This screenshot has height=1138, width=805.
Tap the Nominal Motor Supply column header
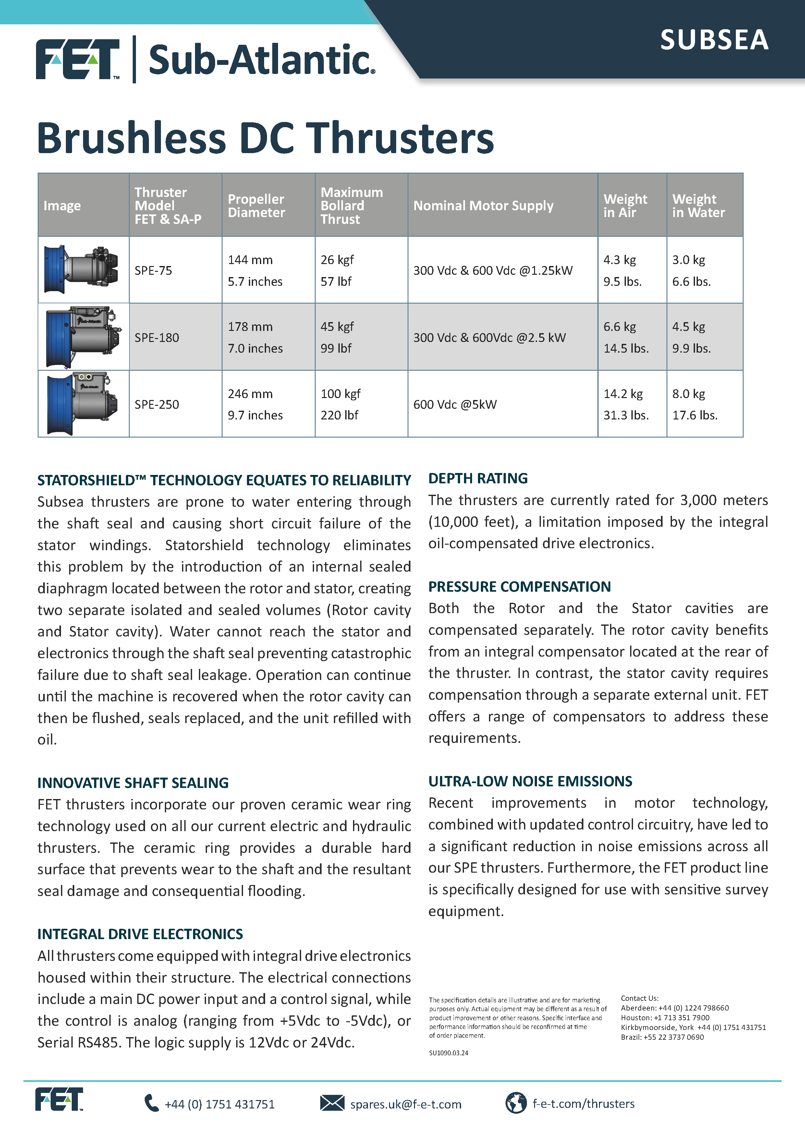483,206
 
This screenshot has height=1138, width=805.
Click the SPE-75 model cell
153,271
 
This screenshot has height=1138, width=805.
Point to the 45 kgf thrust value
337,327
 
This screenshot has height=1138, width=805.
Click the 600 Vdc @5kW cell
455,405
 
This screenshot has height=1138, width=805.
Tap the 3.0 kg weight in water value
689,260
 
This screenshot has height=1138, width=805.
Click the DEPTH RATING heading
478,478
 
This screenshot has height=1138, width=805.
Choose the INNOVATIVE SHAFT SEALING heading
133,783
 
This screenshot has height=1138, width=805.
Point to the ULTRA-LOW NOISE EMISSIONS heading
530,781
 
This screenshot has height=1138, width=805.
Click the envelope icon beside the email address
332,1103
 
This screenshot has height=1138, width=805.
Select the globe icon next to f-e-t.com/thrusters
516,1103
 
